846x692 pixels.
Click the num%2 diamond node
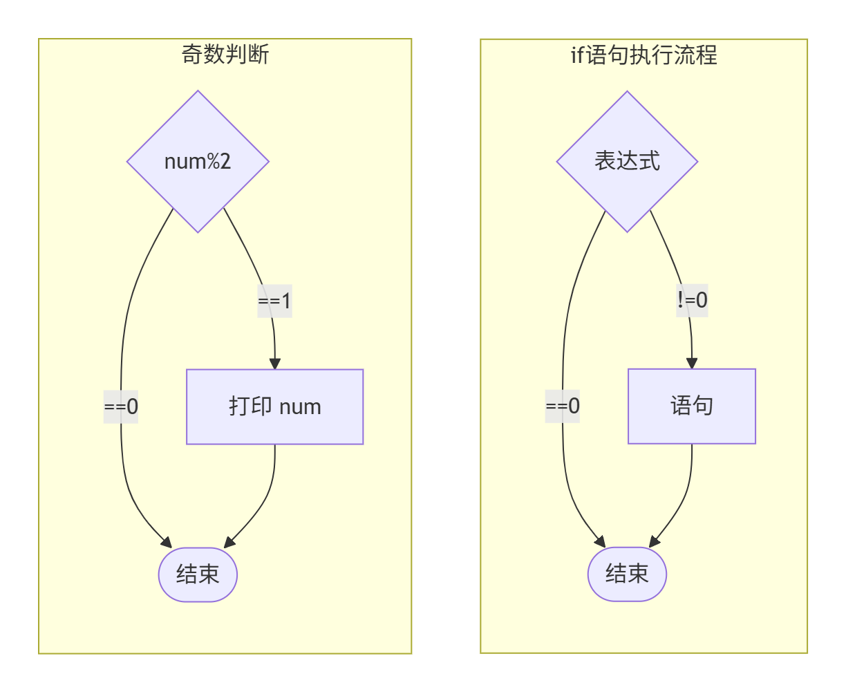pos(198,161)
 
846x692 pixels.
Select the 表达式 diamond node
pos(627,161)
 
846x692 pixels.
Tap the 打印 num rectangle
pos(274,406)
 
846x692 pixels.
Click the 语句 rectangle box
pos(691,406)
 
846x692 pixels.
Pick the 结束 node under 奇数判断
pos(198,574)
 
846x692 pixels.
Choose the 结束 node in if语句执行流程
pos(627,574)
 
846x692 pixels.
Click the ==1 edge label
pos(274,301)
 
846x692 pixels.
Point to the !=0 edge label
pos(692,300)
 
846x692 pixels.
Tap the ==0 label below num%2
pos(121,406)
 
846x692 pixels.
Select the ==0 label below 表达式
pos(562,406)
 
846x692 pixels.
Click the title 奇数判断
pos(225,54)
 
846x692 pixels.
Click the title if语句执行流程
pos(643,55)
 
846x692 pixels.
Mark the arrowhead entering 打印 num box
pos(275,364)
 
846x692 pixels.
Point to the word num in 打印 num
pos(300,407)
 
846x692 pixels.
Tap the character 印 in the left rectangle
pos(261,406)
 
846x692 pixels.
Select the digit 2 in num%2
pos(225,162)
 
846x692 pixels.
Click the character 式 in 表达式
pos(650,161)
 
